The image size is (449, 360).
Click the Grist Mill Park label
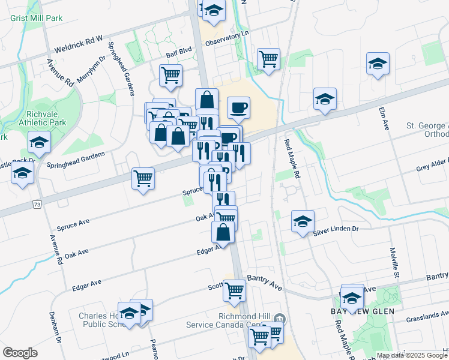(x=37, y=18)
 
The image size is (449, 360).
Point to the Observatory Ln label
(x=226, y=40)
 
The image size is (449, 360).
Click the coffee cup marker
(x=238, y=108)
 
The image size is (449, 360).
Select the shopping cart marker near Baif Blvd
(x=171, y=76)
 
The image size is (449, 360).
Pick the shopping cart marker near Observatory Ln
(x=268, y=59)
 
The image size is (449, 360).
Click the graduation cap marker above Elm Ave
(x=378, y=64)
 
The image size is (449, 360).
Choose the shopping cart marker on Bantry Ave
(x=234, y=291)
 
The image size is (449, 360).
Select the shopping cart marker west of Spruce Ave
(x=143, y=178)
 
